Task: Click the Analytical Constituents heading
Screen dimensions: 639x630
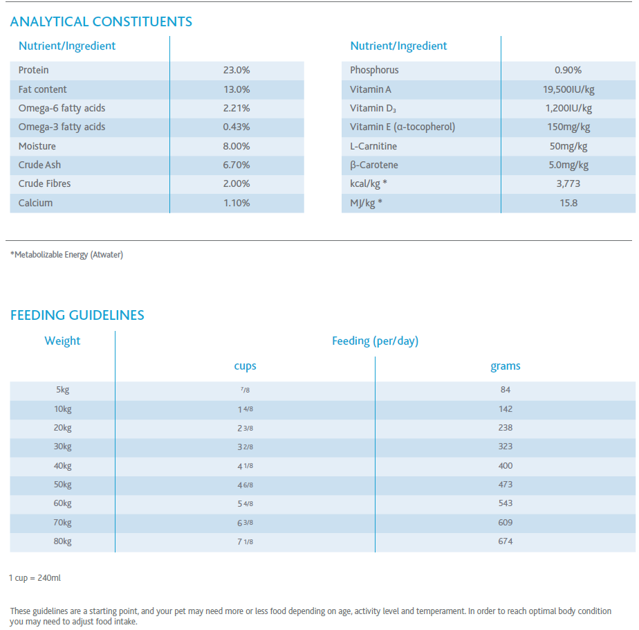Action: (101, 21)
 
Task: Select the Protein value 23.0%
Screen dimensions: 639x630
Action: (237, 70)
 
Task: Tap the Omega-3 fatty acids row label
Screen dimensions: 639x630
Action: (62, 127)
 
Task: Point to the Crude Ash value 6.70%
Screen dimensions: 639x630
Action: (237, 165)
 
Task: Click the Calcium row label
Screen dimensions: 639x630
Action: (35, 203)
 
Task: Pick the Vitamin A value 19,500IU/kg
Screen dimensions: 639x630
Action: (568, 90)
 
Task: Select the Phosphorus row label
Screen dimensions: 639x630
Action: (374, 70)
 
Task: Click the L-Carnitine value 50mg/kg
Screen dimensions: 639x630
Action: (568, 147)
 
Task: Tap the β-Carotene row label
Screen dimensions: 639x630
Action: (374, 165)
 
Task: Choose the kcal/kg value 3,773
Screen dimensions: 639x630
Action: (568, 183)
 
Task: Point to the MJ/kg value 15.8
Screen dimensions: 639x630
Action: (568, 203)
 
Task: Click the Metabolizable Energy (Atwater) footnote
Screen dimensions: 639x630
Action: (66, 255)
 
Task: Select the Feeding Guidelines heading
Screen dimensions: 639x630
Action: (77, 315)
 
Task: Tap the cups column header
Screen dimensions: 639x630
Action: (245, 366)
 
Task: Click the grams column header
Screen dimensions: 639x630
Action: (506, 366)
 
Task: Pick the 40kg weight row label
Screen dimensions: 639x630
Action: (62, 465)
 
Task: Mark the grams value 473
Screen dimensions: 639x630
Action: (506, 485)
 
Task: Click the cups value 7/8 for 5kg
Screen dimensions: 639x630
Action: (245, 390)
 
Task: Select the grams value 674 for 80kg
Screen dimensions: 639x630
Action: (506, 541)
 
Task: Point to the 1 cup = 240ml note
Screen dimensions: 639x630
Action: (35, 578)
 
